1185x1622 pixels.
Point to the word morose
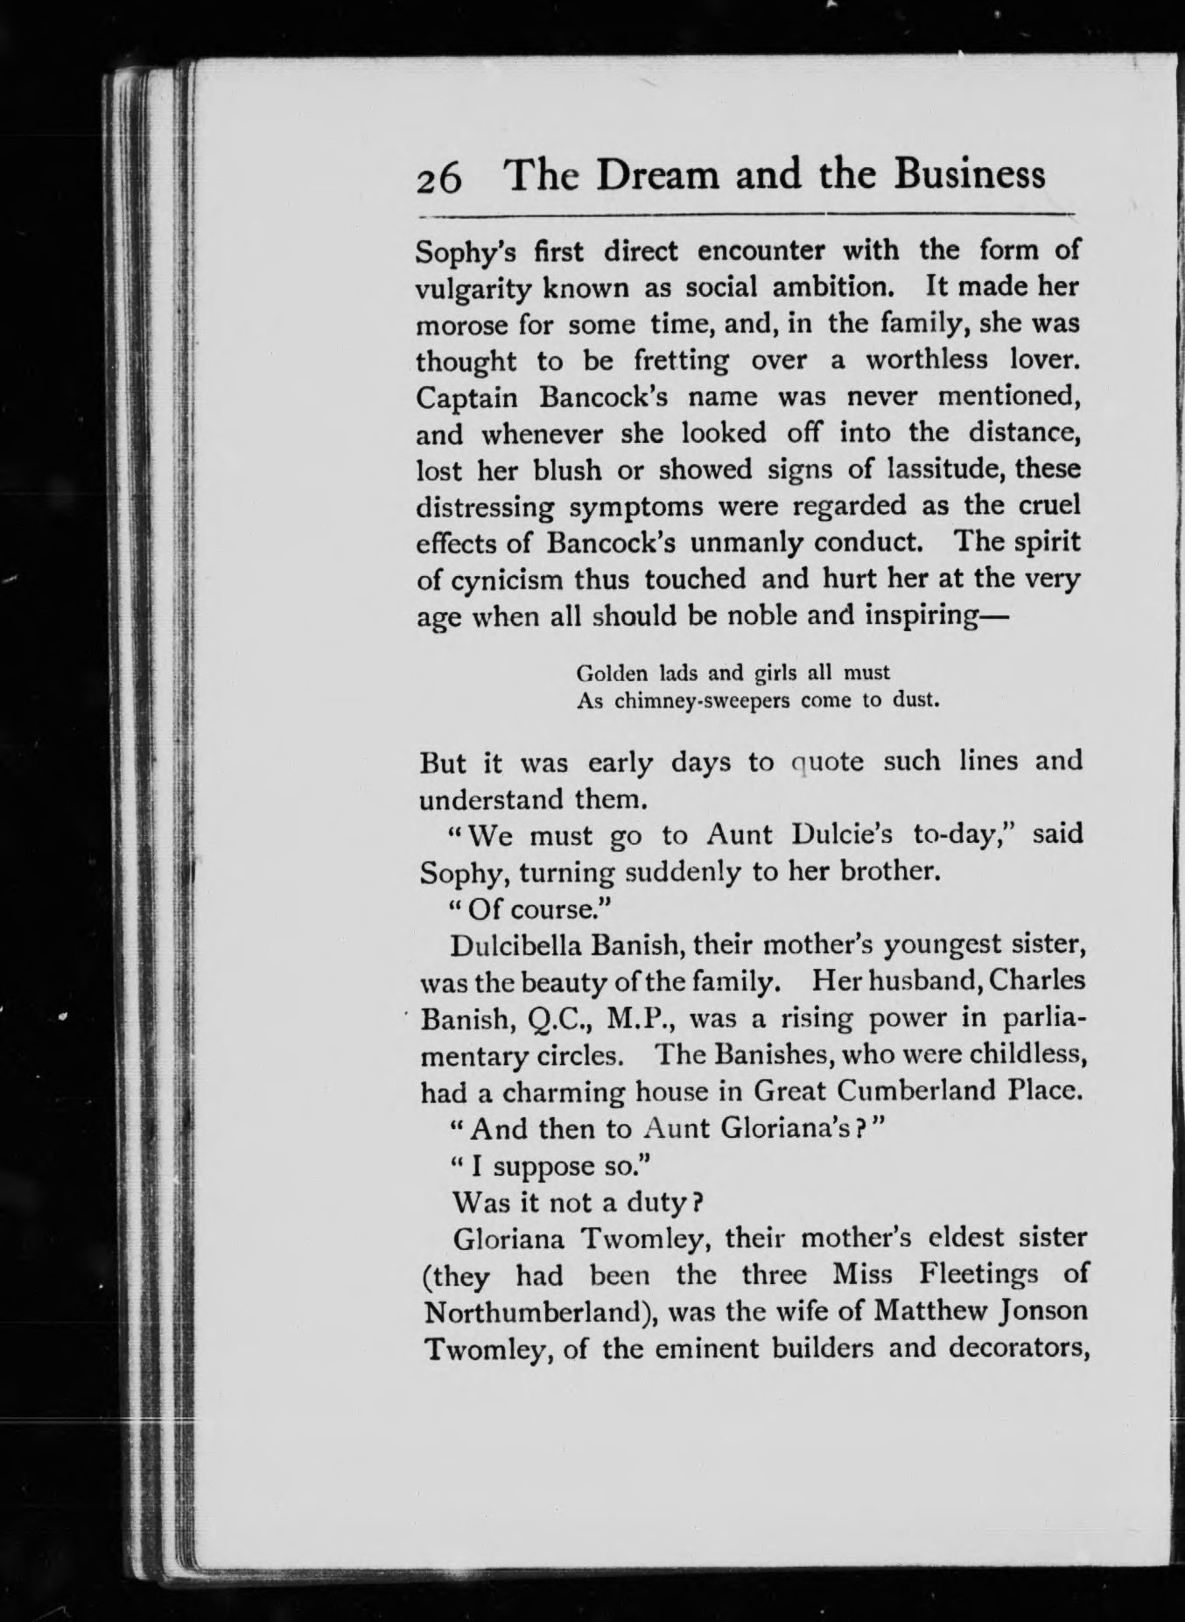tap(460, 325)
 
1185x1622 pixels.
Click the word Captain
tap(467, 398)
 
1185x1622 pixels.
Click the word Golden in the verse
tap(613, 673)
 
